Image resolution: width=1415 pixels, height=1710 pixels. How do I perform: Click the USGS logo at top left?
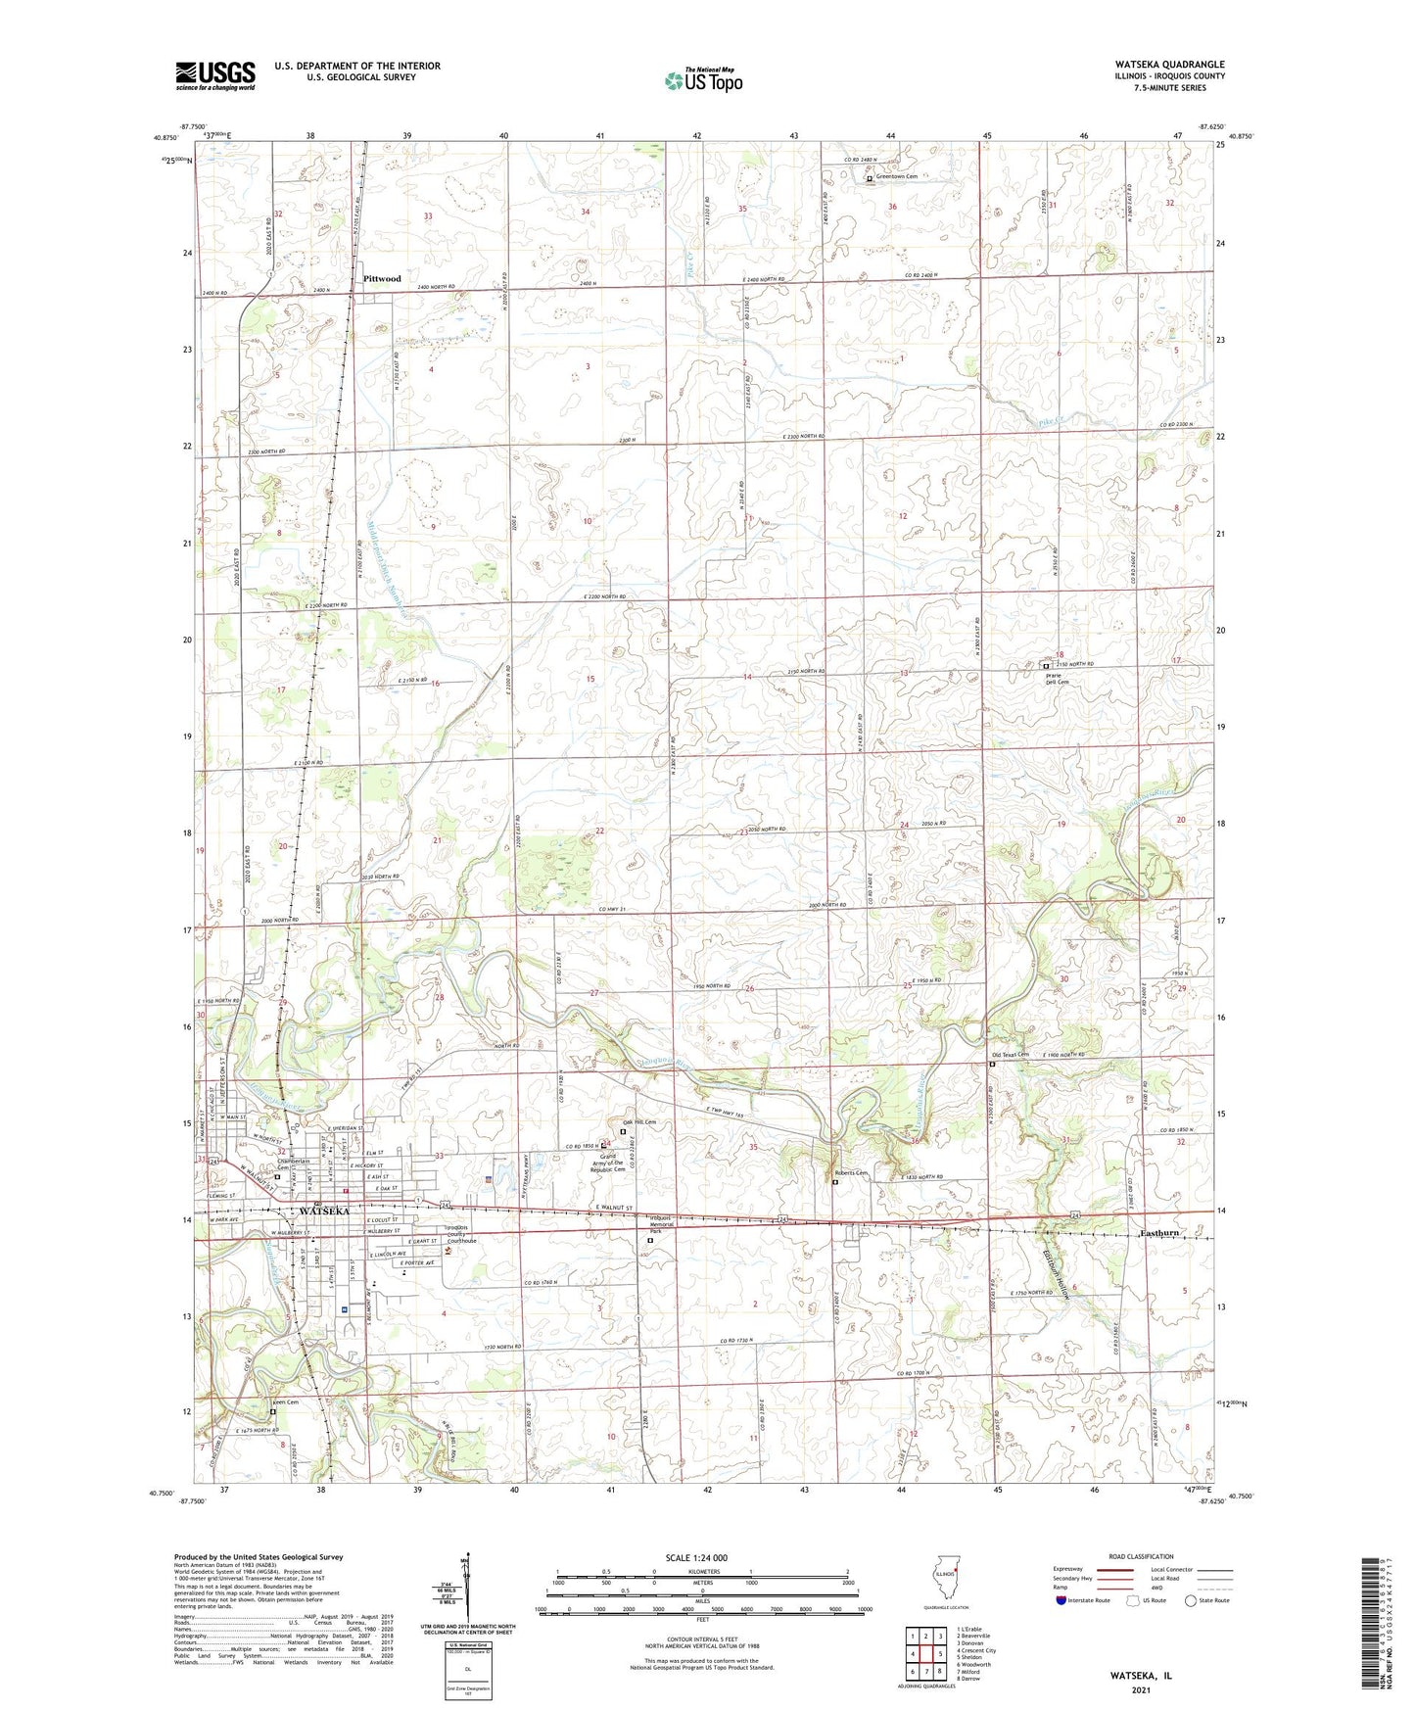point(215,75)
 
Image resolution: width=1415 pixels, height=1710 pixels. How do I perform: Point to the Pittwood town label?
point(382,279)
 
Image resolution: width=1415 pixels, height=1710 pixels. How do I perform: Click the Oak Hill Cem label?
point(637,1122)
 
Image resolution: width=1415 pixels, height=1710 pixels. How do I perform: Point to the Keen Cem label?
point(284,1402)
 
